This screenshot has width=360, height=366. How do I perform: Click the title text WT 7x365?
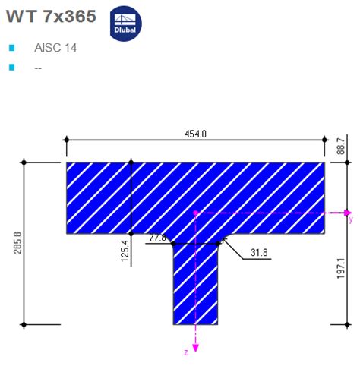click(51, 16)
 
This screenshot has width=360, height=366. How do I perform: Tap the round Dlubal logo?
click(125, 22)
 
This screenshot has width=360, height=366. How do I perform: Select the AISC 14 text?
click(55, 48)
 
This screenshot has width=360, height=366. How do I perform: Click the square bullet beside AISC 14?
click(11, 48)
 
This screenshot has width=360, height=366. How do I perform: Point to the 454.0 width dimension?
click(196, 134)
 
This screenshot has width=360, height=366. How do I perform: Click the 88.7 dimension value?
click(341, 145)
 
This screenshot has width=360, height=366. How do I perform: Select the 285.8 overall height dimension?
click(16, 243)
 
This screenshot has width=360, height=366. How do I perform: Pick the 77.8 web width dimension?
click(157, 238)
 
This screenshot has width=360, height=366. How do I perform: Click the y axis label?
click(351, 220)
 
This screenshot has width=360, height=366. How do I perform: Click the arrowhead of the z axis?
click(196, 347)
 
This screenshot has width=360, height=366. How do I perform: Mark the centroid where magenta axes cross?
click(196, 213)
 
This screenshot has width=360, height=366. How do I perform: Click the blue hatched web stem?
click(196, 289)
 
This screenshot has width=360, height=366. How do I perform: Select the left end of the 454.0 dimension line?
click(66, 140)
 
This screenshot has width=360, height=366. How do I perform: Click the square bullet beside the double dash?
click(11, 68)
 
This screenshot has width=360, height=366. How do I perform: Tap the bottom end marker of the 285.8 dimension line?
click(24, 324)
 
